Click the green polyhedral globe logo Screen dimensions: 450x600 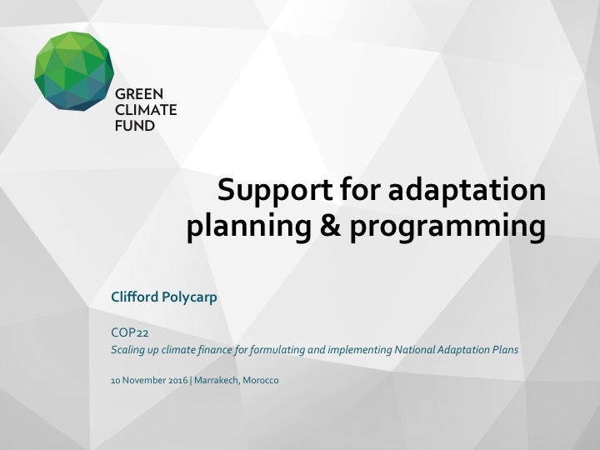(73, 72)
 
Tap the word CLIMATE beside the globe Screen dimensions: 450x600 (146, 110)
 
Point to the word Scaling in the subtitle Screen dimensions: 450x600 (127, 350)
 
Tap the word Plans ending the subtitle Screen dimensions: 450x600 (504, 350)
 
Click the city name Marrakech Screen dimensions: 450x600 (215, 380)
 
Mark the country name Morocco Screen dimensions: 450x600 (261, 380)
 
